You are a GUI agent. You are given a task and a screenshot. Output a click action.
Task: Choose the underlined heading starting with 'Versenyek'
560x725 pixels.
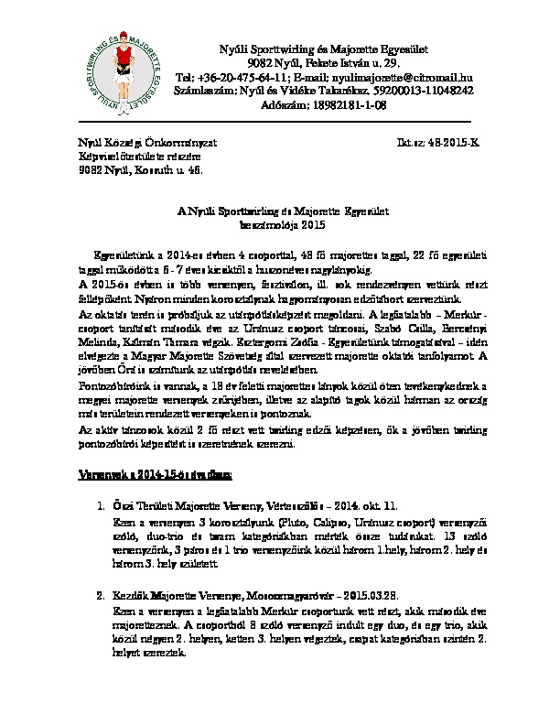pos(160,474)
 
